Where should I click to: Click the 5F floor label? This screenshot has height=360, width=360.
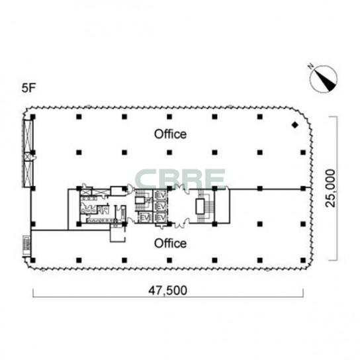28,88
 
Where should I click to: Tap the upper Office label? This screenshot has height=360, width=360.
170,134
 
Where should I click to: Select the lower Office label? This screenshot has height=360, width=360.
170,244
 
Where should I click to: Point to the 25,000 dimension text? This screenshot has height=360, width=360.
331,188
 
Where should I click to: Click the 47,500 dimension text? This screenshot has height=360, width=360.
167,291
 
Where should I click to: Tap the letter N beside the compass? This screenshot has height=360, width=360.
311,67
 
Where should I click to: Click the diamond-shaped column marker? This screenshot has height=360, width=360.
294,125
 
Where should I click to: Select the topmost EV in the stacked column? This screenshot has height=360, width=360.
161,196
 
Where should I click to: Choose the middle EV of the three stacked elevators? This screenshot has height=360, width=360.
161,206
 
